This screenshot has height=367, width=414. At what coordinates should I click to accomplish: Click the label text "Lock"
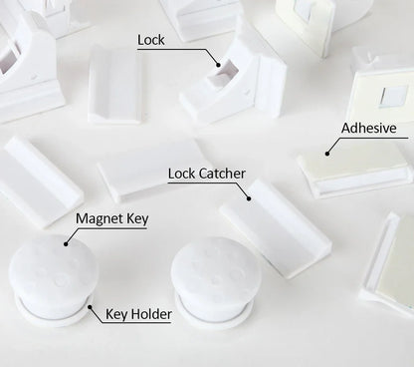tap(151, 41)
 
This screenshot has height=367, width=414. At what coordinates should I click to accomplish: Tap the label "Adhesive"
tap(368, 128)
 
